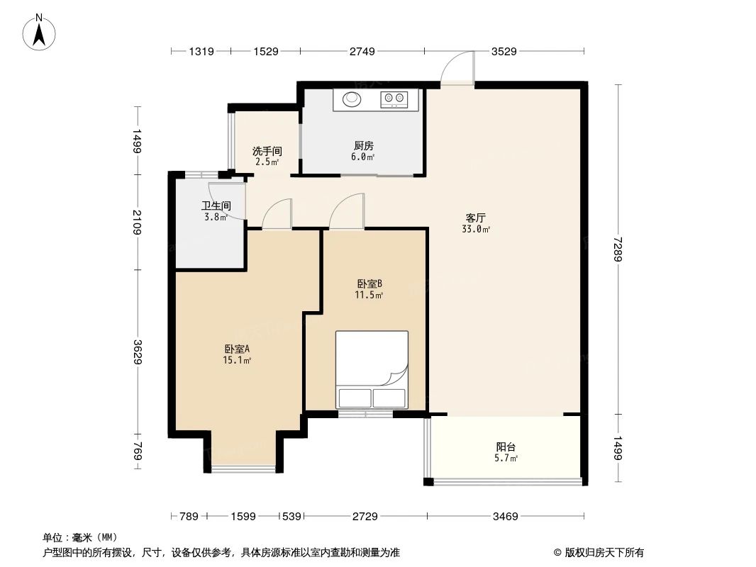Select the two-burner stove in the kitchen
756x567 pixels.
tap(396, 99)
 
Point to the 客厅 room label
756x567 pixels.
tap(475, 218)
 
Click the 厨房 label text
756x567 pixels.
tap(364, 146)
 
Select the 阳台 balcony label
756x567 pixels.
tap(506, 447)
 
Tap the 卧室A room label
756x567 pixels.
tap(237, 349)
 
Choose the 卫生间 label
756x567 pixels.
tap(216, 206)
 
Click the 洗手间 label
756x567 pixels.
tap(267, 151)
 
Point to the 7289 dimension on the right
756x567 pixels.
tap(618, 249)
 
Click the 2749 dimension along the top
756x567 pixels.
tap(362, 51)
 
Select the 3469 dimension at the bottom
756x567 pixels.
tap(506, 517)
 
